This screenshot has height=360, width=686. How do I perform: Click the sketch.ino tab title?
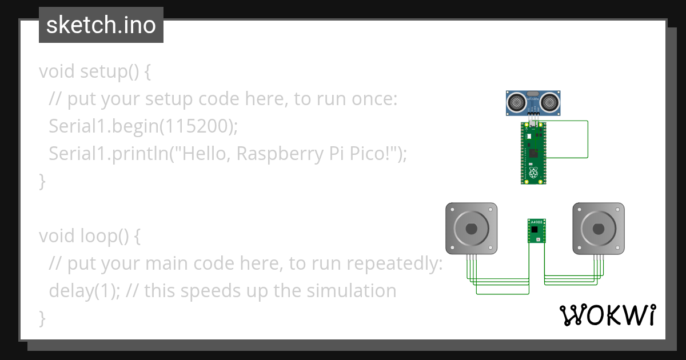[101, 25]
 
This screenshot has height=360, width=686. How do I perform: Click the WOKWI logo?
[607, 315]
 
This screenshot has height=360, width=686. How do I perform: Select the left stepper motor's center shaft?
[471, 229]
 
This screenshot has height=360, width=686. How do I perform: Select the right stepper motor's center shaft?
[599, 229]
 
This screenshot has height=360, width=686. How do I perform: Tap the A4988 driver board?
[536, 231]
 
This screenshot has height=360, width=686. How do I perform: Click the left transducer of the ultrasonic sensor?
[517, 103]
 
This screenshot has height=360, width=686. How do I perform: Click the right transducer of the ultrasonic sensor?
[550, 103]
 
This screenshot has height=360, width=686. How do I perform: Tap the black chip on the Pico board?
[533, 153]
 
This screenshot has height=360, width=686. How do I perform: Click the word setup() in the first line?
[115, 72]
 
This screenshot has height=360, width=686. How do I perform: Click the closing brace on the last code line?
[42, 317]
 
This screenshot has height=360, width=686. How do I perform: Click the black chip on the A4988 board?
[535, 229]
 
